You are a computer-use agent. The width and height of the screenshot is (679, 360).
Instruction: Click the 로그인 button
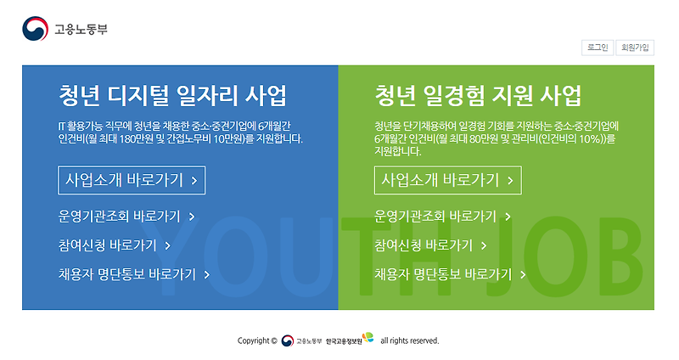(597, 48)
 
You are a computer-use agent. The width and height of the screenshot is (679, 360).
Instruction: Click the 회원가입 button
(635, 48)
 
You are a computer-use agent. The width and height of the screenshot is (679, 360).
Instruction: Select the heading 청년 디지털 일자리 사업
(172, 93)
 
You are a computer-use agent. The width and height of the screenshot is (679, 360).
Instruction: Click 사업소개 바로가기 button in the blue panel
(132, 180)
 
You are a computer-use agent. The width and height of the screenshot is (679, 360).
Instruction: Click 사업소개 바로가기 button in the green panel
(447, 180)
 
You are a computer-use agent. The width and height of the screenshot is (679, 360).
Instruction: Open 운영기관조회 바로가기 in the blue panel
(126, 216)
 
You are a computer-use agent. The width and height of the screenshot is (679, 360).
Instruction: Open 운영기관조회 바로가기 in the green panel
(442, 216)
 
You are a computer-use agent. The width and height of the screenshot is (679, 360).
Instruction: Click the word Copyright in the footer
(256, 340)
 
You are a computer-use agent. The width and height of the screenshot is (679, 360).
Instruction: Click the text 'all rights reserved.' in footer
(409, 340)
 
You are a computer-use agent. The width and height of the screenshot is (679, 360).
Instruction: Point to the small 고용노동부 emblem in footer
(288, 340)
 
